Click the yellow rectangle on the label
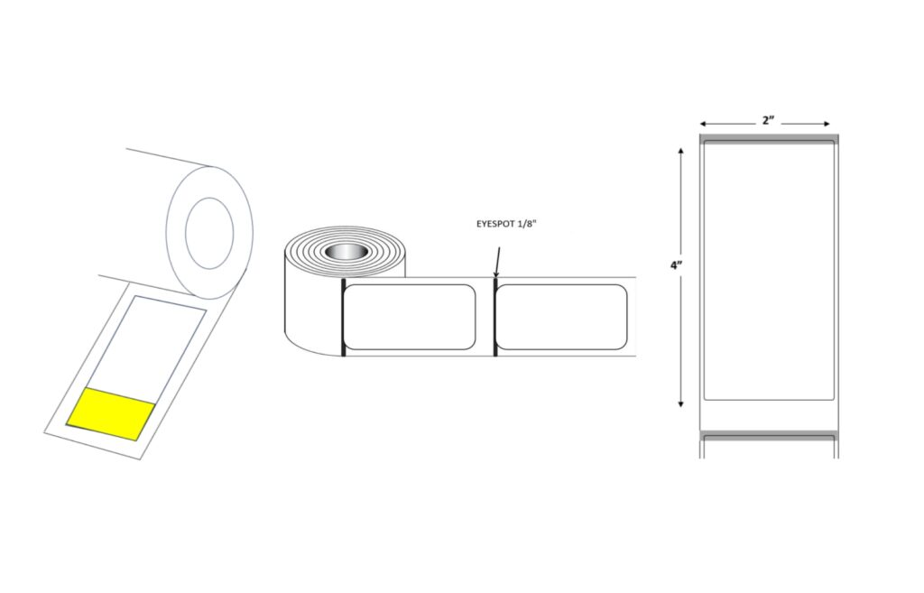point(111,413)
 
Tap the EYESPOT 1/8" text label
point(505,224)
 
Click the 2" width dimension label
point(768,120)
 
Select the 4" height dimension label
point(676,264)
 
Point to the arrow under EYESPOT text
point(497,263)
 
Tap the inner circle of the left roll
point(208,233)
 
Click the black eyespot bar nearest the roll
point(343,317)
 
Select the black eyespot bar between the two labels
point(495,317)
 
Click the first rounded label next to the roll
point(411,317)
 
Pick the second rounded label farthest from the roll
point(561,317)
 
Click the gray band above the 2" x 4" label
point(769,138)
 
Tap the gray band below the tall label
point(769,436)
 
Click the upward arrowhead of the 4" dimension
point(681,151)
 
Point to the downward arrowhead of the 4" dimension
point(681,403)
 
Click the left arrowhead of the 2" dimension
point(704,124)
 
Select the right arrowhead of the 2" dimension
point(827,124)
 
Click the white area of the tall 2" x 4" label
point(769,271)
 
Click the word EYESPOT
point(493,224)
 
